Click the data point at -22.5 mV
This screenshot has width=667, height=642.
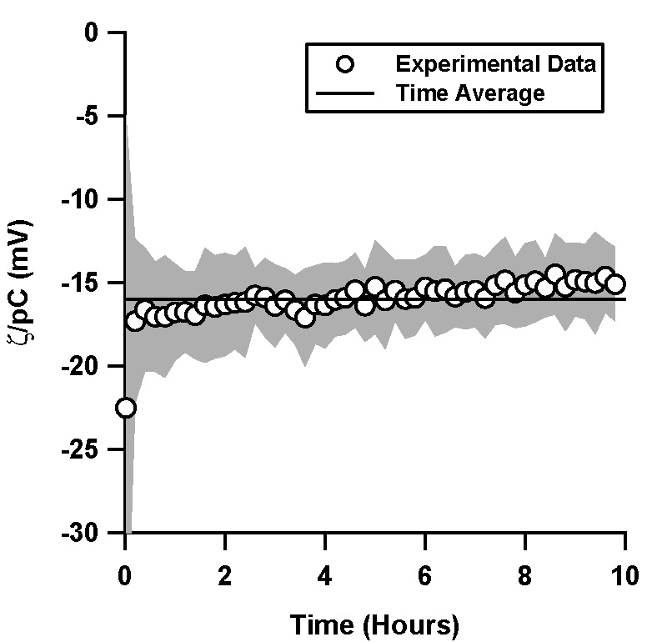[x=126, y=408]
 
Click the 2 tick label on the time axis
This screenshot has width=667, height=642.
[x=225, y=575]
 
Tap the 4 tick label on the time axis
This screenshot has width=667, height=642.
[x=325, y=575]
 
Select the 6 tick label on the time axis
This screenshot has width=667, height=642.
[x=425, y=575]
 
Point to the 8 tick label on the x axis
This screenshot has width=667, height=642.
[x=525, y=575]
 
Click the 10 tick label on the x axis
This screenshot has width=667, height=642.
[x=625, y=575]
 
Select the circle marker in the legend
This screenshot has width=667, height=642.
[x=344, y=64]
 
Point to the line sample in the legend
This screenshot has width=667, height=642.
[x=344, y=93]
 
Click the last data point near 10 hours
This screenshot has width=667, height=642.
[x=615, y=284]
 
